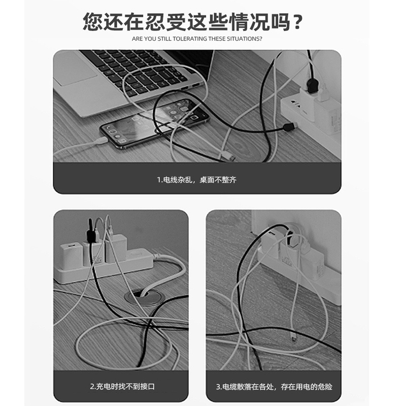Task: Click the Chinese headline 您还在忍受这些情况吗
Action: [192, 22]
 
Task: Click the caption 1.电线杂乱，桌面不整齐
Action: [197, 180]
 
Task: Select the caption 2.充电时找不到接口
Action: [122, 386]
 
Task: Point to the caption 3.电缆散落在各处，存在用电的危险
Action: [274, 387]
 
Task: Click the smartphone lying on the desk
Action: [155, 123]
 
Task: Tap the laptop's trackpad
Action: [75, 69]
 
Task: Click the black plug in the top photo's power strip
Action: [312, 86]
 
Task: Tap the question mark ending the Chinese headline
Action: [298, 22]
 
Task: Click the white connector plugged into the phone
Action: [101, 142]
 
